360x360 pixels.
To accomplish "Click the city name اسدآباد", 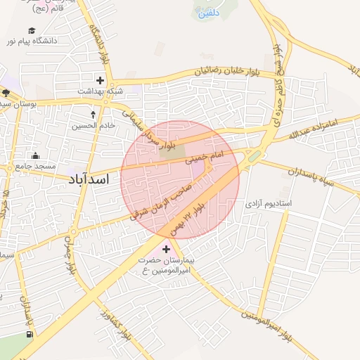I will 90,179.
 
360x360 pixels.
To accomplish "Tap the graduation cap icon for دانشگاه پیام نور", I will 32,30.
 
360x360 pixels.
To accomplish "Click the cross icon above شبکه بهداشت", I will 101,80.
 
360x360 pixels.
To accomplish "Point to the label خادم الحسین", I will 94,126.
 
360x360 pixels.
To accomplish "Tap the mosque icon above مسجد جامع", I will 36,155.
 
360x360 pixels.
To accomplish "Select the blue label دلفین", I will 209,13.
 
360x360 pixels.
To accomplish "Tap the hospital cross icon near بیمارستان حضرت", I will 167,249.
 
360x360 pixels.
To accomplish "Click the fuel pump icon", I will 28,333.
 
